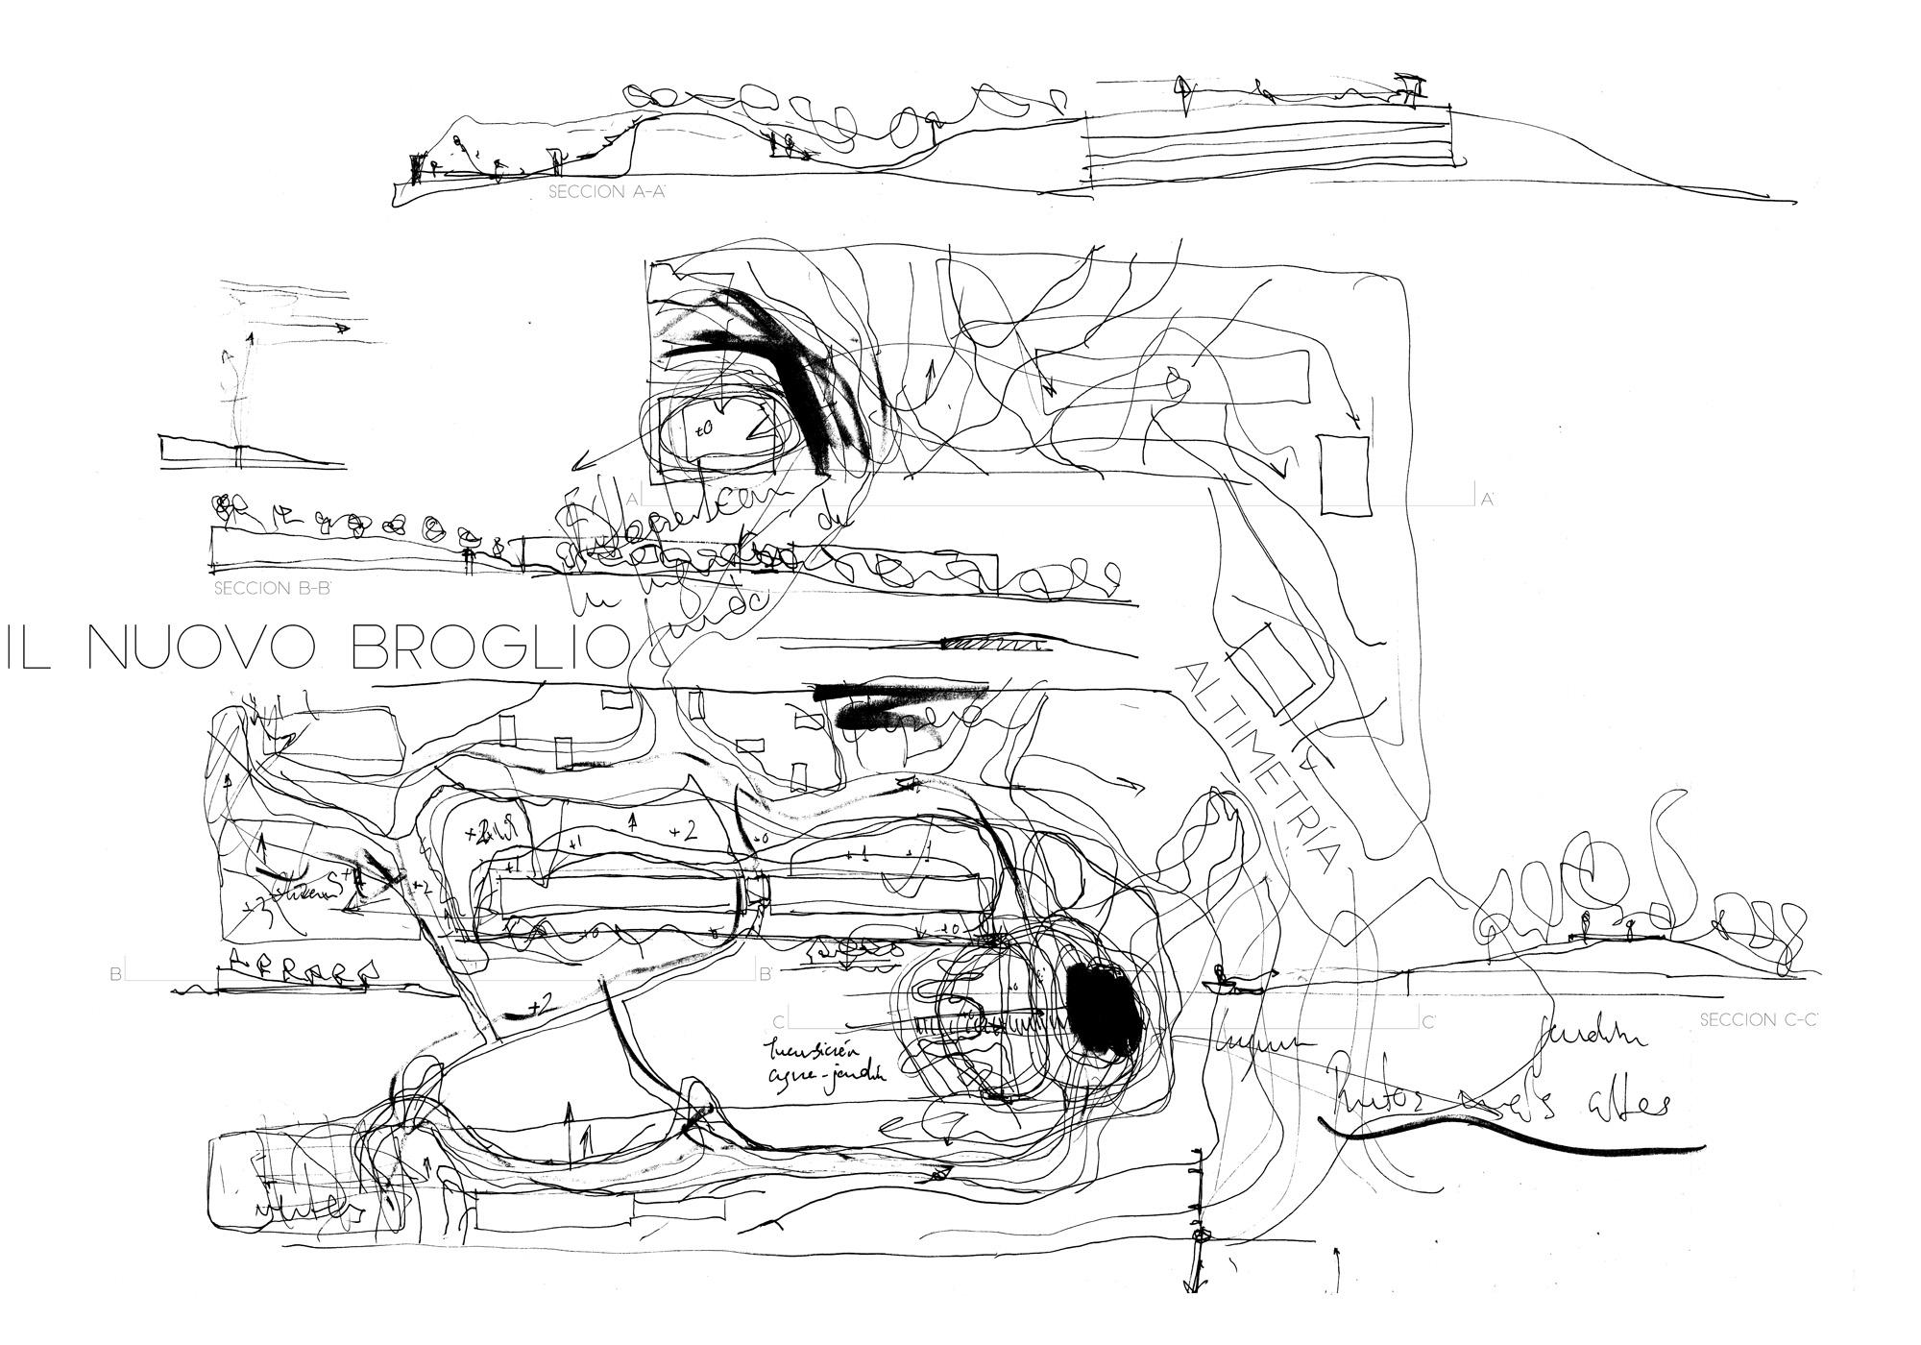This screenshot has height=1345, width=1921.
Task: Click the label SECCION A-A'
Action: (x=607, y=192)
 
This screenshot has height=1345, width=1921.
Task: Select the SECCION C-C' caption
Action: (x=1757, y=1020)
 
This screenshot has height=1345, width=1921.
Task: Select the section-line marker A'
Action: (x=1488, y=499)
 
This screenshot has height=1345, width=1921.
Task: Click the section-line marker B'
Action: (x=766, y=974)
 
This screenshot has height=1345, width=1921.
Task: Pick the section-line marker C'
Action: (x=1428, y=1022)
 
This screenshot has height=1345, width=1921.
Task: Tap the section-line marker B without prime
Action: (x=116, y=974)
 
